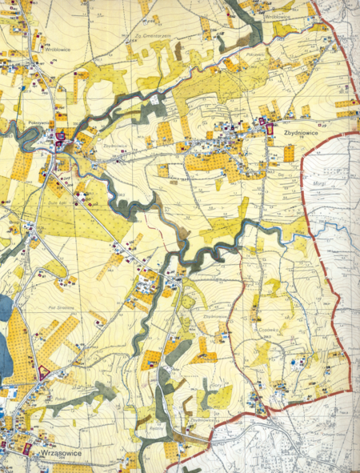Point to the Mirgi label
click(x=318, y=182)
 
